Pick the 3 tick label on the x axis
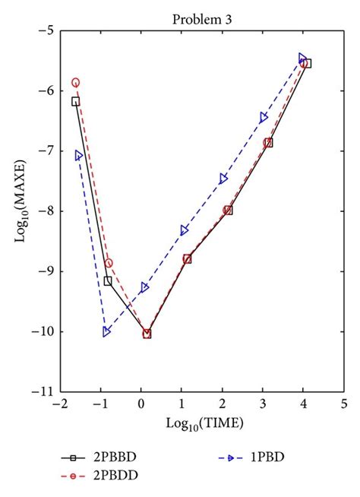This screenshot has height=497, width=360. pos(263,404)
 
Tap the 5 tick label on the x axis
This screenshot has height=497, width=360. pos(343,404)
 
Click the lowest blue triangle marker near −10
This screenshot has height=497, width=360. pos(106,331)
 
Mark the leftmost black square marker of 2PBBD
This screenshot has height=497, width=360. pos(75,101)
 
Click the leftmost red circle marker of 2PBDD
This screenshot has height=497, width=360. pos(75,82)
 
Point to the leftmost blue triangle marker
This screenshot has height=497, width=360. pos(79,155)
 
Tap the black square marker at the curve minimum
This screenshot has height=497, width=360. pos(147,333)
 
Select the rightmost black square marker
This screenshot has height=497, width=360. pos(308,63)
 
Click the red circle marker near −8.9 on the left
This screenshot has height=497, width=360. pos(109,263)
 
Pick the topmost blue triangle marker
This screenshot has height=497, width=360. pos(303,58)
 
